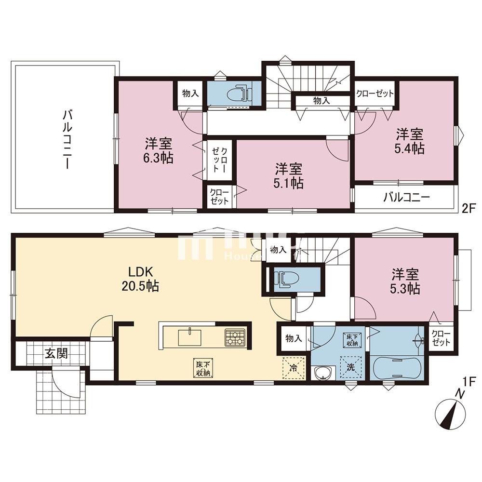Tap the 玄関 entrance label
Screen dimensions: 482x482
coord(56,354)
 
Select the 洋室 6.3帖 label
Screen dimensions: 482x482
coord(159,150)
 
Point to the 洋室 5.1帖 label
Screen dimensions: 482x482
coord(289,175)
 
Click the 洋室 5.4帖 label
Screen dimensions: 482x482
coord(411,140)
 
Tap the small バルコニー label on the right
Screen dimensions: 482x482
coord(406,198)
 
